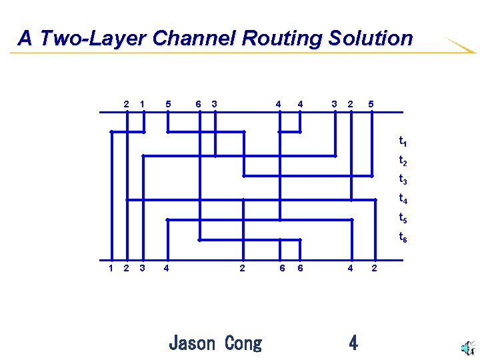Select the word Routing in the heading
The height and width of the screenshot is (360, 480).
[x=283, y=39]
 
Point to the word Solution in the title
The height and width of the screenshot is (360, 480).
[x=371, y=39]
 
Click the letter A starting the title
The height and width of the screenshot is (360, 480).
[x=25, y=39]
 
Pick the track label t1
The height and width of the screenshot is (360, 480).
[x=403, y=141]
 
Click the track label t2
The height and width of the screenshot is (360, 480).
[x=403, y=161]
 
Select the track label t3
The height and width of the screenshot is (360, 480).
[x=403, y=179]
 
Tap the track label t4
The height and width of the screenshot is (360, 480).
[x=403, y=198]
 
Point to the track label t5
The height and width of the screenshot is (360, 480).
[x=403, y=217]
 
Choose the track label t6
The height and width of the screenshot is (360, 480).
[x=403, y=237]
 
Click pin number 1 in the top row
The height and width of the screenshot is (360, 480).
[x=143, y=103]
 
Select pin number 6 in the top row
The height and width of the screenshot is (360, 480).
[x=198, y=103]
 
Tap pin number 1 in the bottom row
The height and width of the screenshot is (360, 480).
[x=111, y=268]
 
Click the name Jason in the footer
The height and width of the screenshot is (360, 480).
[x=192, y=343]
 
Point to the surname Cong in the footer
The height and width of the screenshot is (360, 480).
[x=243, y=343]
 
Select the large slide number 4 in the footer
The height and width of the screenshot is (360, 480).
[x=353, y=343]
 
